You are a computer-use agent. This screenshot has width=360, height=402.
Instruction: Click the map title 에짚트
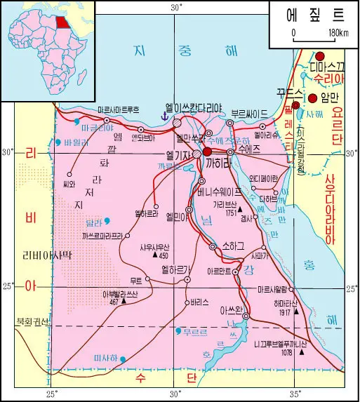pos(314,14)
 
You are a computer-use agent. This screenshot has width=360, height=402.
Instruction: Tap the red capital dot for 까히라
pos(207,151)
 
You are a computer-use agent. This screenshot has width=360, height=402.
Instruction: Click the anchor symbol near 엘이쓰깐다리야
pos(166,114)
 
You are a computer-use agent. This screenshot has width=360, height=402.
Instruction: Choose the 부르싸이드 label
pos(249,113)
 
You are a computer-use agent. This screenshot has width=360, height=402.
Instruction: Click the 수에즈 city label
pos(250,149)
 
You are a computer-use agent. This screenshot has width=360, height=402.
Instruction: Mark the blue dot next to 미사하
pos(123,359)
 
